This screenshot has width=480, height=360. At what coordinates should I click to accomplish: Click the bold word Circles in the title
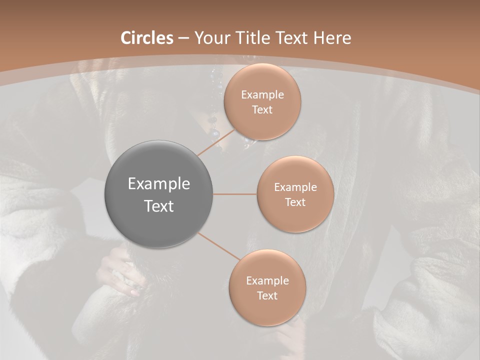(147, 38)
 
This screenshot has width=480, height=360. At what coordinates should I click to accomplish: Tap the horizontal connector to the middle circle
(235, 194)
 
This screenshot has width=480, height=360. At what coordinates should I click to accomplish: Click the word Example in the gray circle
(159, 184)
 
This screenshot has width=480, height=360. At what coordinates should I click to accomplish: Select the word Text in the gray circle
(159, 206)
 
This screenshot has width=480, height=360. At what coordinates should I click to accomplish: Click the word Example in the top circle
(262, 95)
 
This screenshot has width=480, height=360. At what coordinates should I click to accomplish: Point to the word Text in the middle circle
(295, 202)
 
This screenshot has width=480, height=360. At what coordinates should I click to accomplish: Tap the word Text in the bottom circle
(267, 295)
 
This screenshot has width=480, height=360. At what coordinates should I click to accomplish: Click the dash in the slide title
(183, 38)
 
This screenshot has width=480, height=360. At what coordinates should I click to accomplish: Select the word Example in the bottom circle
(267, 281)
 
